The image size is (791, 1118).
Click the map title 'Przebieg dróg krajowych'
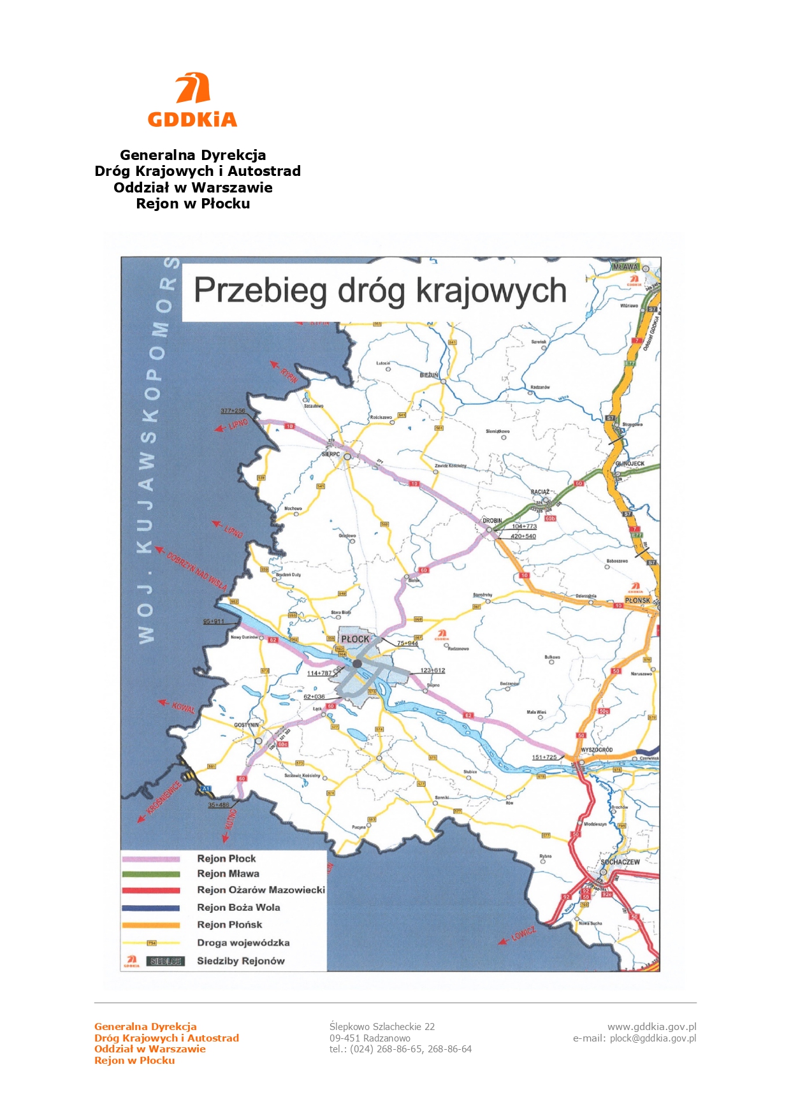click(380, 291)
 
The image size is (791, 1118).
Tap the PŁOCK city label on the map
click(355, 639)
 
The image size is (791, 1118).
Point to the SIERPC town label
click(331, 454)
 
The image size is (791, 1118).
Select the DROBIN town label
click(492, 521)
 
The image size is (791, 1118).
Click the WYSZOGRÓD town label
click(597, 750)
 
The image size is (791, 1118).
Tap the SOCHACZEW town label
click(620, 862)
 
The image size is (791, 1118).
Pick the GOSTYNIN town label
click(247, 725)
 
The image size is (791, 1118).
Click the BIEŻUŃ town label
click(429, 375)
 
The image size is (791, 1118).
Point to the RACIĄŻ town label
click(540, 492)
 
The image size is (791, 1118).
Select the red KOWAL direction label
click(184, 707)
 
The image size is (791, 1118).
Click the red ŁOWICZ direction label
click(524, 934)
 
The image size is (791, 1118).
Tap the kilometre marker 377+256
click(233, 411)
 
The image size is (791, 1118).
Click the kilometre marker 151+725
click(544, 757)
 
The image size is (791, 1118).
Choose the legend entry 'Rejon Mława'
click(228, 874)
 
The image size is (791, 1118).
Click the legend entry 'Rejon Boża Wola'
click(238, 908)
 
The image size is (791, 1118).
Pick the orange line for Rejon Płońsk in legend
click(151, 925)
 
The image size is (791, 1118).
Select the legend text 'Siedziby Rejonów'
click(240, 961)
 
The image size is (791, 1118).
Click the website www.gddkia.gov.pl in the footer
click(651, 1027)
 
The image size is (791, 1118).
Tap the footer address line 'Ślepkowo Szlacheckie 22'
click(382, 1027)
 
